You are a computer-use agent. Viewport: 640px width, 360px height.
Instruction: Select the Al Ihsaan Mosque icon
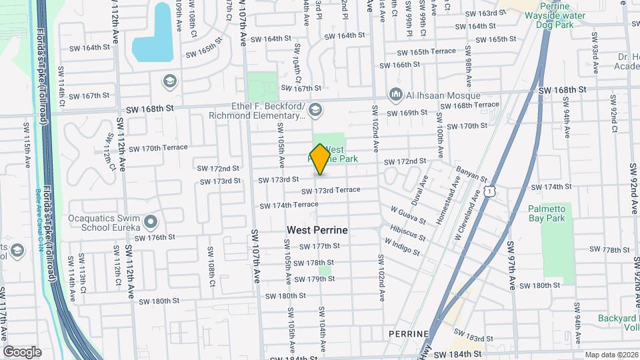pyautogui.click(x=397, y=95)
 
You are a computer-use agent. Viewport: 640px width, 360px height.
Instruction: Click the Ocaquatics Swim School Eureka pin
pyautogui.click(x=151, y=221)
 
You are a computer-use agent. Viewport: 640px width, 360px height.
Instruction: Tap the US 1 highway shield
pyautogui.click(x=491, y=191)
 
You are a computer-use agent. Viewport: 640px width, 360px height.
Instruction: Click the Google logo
pyautogui.click(x=22, y=352)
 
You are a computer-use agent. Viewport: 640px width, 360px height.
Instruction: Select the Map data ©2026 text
pyautogui.click(x=610, y=355)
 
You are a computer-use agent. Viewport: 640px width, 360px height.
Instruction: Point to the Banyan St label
pyautogui.click(x=472, y=175)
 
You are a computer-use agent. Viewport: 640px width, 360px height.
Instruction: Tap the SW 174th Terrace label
pyautogui.click(x=289, y=205)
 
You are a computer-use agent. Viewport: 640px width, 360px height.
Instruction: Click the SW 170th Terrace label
pyautogui.click(x=159, y=148)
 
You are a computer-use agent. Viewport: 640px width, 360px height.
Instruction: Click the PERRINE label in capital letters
pyautogui.click(x=410, y=333)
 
